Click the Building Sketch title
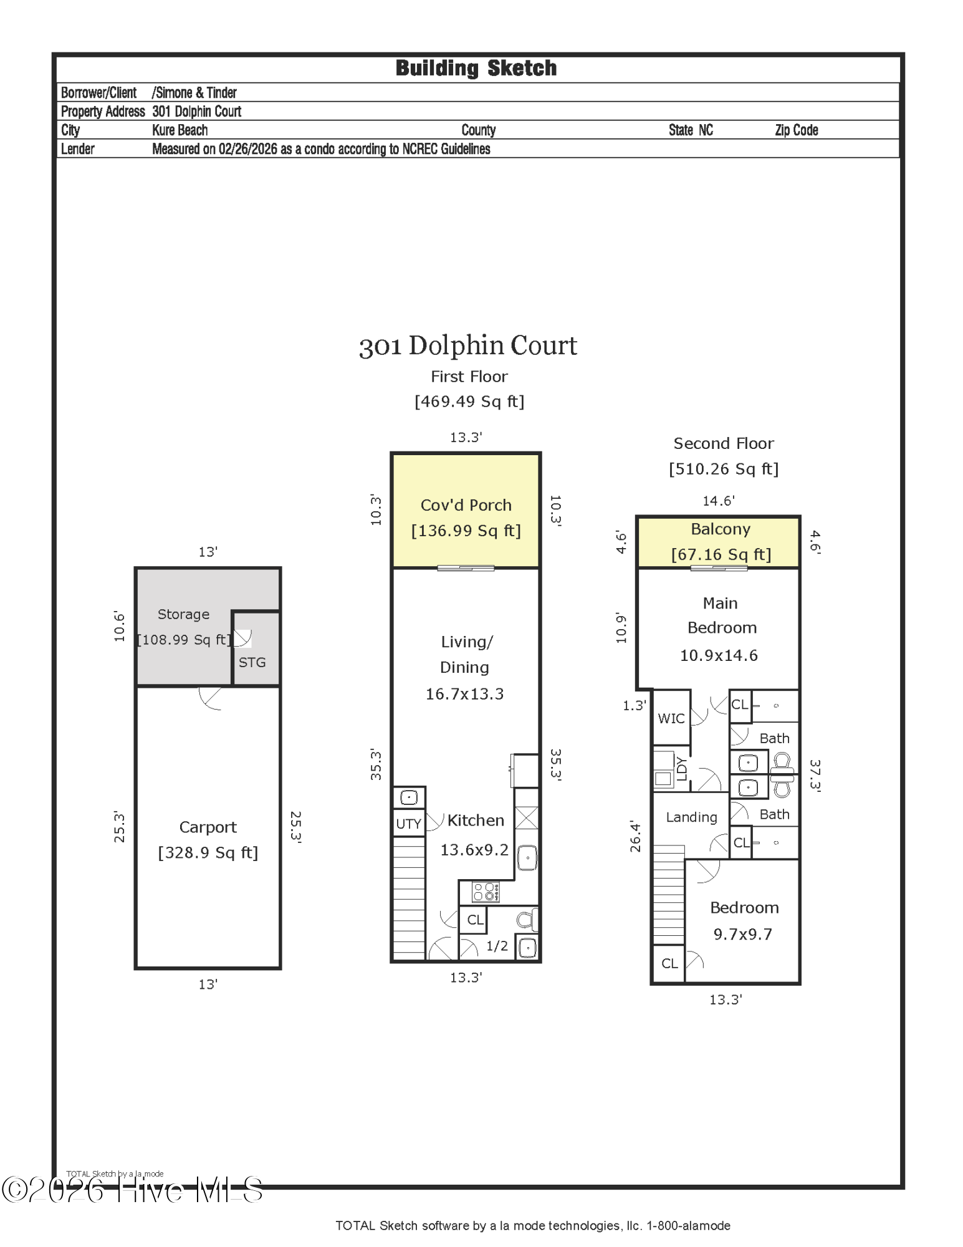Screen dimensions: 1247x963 [476, 68]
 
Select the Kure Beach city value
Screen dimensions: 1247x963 [180, 130]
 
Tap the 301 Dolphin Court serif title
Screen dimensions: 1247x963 [468, 345]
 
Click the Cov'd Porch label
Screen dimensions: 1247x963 [466, 505]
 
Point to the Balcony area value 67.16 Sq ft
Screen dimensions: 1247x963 [721, 554]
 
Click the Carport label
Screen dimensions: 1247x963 [208, 827]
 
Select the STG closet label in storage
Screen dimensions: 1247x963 [252, 662]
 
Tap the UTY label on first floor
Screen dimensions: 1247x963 [408, 824]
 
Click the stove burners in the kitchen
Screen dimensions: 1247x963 [486, 892]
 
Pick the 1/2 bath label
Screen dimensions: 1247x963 [497, 946]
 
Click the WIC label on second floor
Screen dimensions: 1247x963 [671, 718]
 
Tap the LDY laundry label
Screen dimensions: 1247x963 [681, 768]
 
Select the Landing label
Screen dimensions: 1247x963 [691, 817]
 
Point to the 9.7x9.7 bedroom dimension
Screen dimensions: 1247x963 [742, 934]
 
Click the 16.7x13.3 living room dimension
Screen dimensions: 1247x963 [464, 694]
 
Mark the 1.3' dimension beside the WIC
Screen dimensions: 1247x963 [634, 705]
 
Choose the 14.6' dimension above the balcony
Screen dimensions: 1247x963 [718, 501]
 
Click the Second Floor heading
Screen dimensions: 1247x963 [723, 443]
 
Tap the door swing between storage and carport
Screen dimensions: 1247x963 [211, 698]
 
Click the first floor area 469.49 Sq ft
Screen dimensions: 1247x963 [469, 402]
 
